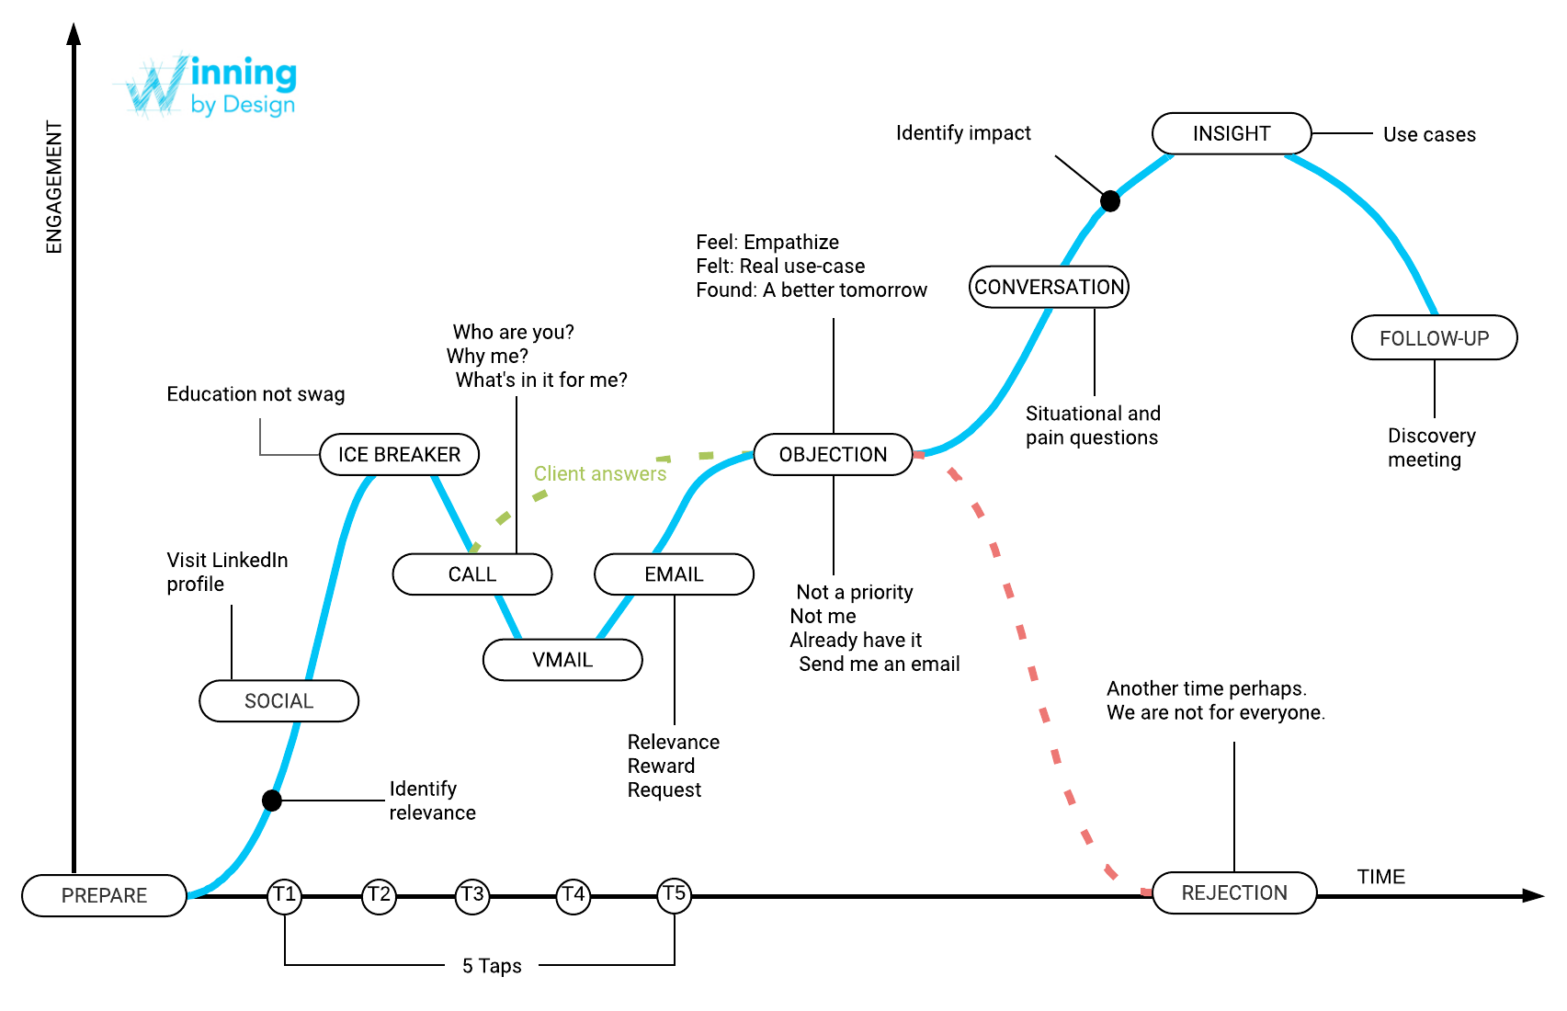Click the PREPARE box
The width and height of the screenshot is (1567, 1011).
(x=104, y=895)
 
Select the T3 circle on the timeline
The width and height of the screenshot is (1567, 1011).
(x=472, y=895)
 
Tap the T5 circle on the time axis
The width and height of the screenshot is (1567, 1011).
(x=674, y=894)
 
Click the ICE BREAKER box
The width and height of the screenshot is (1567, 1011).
(x=399, y=455)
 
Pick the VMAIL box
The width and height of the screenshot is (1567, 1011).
(x=562, y=660)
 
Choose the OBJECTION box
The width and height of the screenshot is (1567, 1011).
(x=833, y=455)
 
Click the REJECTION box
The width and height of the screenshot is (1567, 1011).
(x=1233, y=893)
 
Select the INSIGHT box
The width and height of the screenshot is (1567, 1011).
(x=1231, y=134)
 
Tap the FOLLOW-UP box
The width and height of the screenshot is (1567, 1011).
(x=1434, y=338)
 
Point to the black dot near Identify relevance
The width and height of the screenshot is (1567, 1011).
(x=272, y=801)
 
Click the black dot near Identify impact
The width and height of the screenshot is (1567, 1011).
(x=1110, y=201)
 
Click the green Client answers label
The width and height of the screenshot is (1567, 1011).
(x=600, y=474)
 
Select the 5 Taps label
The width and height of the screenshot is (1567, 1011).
(x=492, y=966)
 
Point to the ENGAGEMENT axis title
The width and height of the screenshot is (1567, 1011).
(x=54, y=187)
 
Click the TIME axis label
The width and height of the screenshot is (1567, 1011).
(x=1380, y=877)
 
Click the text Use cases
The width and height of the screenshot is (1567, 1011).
(x=1429, y=135)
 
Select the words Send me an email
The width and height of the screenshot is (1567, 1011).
(x=879, y=665)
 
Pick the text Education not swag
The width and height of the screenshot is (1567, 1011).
(x=255, y=394)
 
